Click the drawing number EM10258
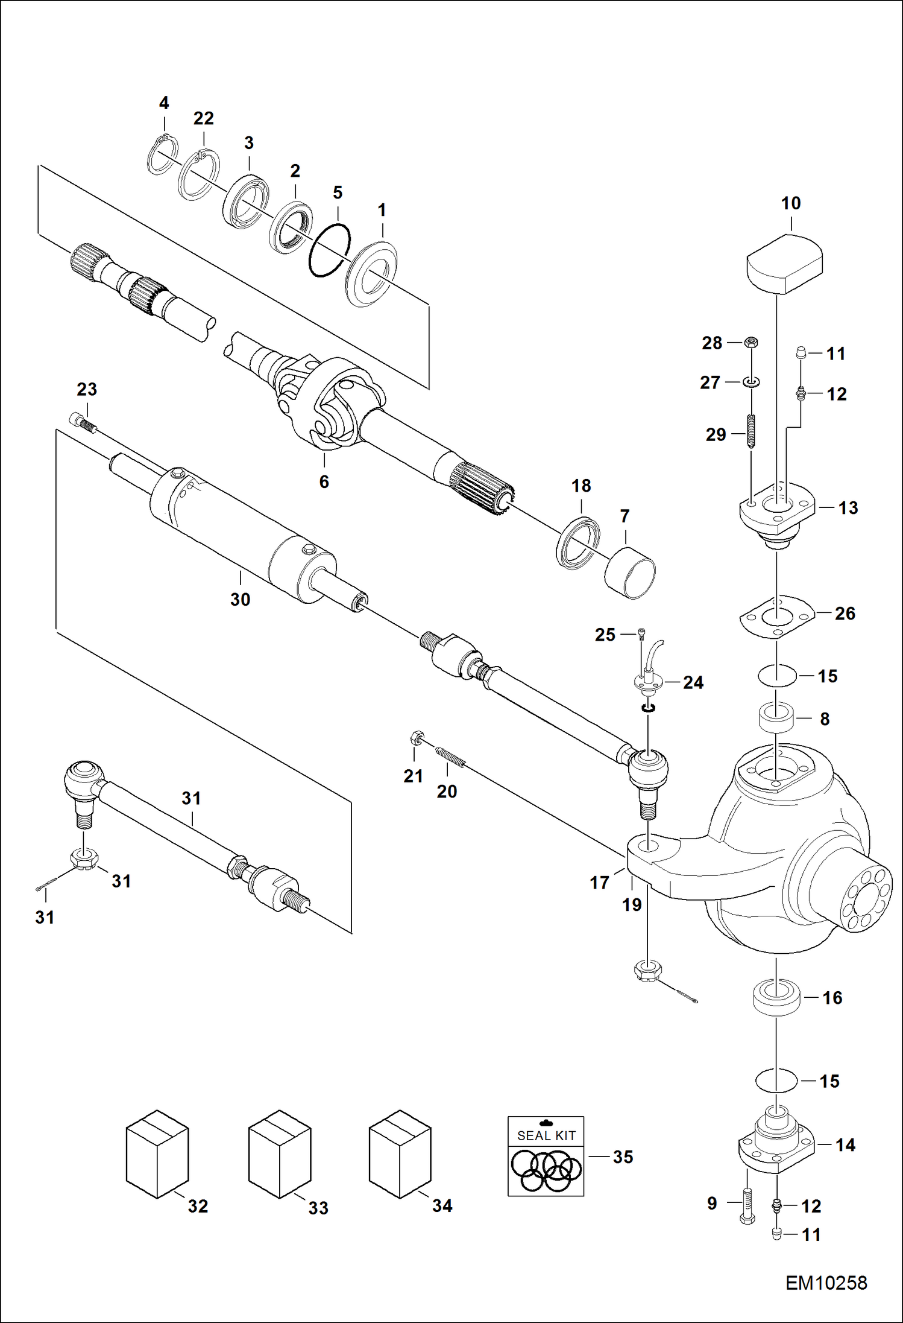point(826,1282)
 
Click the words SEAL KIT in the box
point(546,1135)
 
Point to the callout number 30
point(240,600)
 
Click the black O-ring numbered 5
point(329,250)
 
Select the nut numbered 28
point(751,343)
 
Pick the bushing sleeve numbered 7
point(630,576)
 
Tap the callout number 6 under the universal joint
point(324,481)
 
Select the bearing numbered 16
point(777,998)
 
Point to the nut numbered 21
point(415,738)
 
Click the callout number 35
point(623,1156)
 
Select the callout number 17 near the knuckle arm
point(599,883)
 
